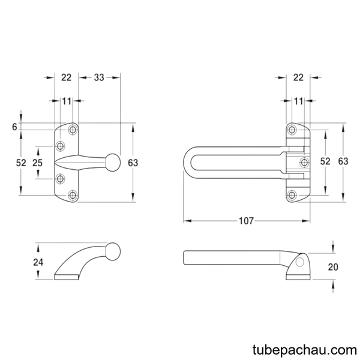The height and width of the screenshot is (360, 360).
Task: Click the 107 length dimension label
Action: pos(246,221)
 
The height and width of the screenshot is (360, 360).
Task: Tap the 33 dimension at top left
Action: pos(99,77)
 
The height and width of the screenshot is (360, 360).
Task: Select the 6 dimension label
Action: pos(14,127)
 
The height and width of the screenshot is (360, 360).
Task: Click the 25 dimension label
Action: pos(37,163)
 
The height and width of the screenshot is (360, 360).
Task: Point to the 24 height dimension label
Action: pos(38,262)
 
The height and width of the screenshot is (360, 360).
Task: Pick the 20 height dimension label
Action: pos(333,267)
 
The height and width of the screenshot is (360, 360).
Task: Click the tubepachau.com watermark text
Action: pos(305,350)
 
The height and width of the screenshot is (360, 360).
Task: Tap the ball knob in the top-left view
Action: pos(113,163)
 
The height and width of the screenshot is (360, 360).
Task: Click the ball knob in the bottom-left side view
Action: pos(113,251)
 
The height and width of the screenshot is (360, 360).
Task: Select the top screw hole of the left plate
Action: pos(73,130)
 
